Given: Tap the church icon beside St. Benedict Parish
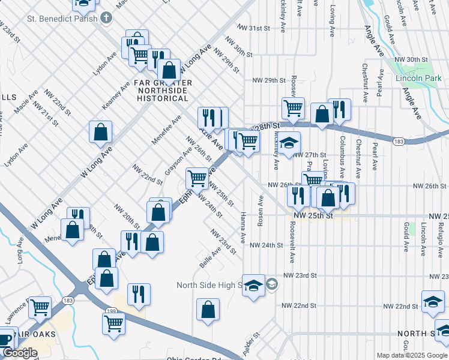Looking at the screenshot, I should point(106,17).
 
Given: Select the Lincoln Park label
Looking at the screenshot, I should point(414,78).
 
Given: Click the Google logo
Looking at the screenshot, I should point(19,353).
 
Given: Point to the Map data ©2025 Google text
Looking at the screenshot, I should point(412,355).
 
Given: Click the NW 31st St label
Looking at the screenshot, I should point(255,28).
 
